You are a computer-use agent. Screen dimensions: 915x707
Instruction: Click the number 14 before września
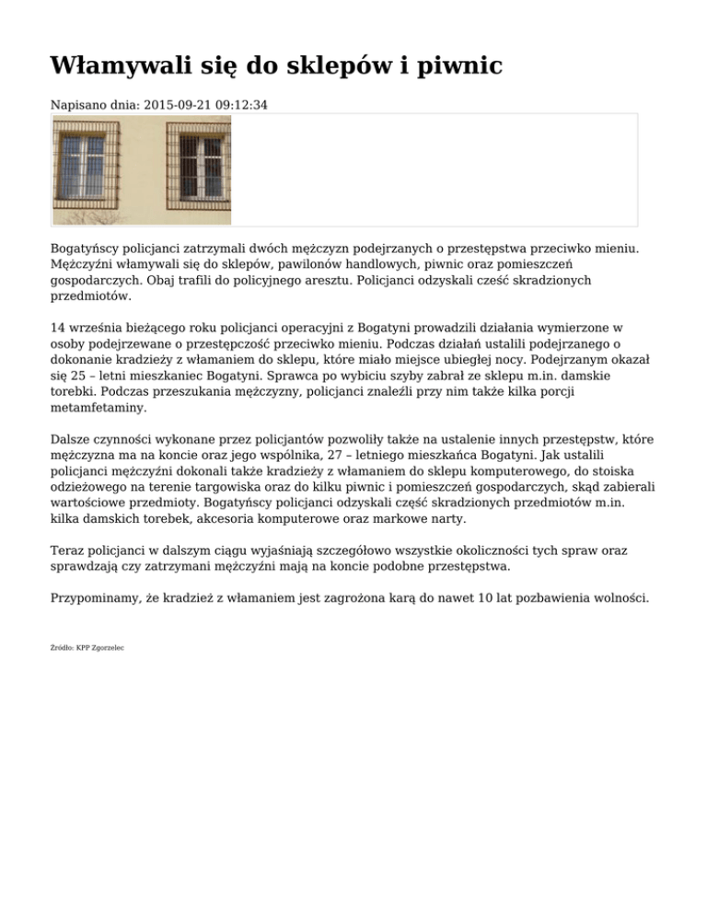(58, 327)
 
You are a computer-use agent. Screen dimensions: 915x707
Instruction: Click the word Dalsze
(72, 440)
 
